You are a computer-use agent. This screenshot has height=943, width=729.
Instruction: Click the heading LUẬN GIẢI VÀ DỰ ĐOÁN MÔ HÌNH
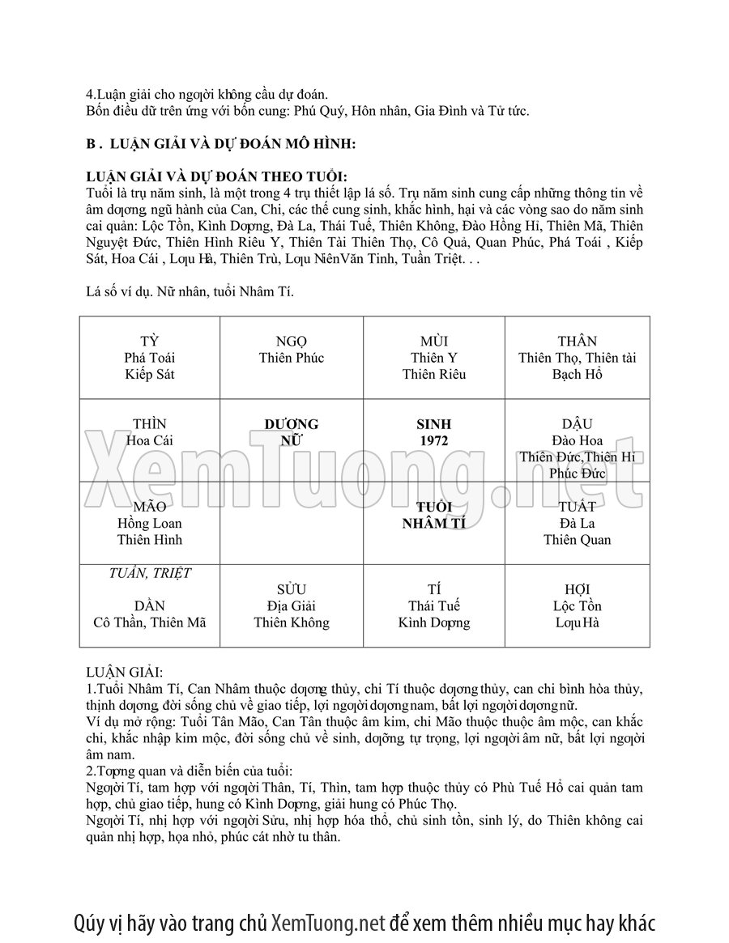click(220, 144)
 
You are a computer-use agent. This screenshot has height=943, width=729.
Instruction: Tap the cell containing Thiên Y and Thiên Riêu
click(434, 358)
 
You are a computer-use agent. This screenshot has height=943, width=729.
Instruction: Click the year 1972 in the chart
click(434, 441)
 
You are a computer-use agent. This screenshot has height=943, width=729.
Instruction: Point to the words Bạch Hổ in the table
click(577, 375)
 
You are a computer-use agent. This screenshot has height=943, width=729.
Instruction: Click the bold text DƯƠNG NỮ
click(291, 432)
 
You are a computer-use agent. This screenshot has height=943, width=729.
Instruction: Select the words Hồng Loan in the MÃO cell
click(150, 524)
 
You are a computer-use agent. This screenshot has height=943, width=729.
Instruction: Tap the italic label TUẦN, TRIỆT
click(150, 573)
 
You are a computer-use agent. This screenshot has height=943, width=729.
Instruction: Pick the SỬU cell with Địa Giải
click(291, 606)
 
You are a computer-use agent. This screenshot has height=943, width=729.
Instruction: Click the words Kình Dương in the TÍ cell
click(434, 623)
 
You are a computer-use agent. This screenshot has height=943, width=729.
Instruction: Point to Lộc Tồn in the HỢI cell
click(577, 606)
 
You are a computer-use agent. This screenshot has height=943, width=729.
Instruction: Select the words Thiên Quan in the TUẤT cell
click(577, 540)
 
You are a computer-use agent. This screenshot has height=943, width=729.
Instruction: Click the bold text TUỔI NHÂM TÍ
click(434, 516)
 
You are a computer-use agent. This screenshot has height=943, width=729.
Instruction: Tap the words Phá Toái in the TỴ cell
click(150, 358)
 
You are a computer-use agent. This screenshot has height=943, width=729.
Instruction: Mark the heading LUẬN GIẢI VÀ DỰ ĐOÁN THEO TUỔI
click(216, 177)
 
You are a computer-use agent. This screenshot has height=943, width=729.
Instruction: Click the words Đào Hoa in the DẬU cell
click(577, 441)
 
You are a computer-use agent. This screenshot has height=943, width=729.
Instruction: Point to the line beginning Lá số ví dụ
click(189, 291)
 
